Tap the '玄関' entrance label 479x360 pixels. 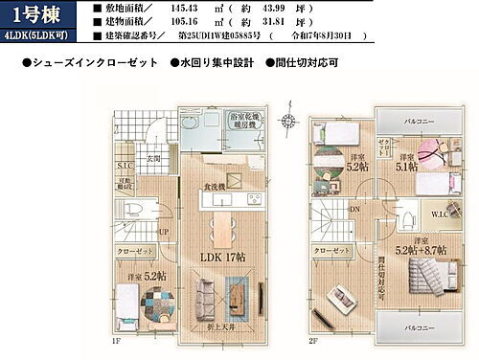[153, 159]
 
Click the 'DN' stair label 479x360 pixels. [354, 211]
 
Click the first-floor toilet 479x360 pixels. [135, 210]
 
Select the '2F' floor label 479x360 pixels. [313, 340]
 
